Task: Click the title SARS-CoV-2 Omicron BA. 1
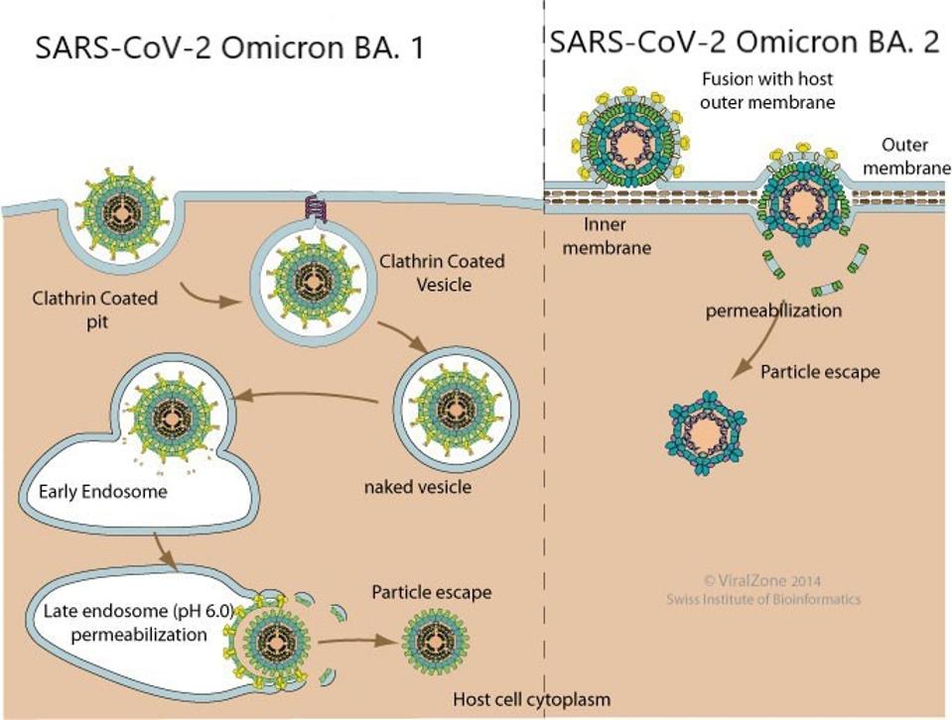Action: point(229,48)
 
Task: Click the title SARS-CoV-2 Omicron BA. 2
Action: point(745,43)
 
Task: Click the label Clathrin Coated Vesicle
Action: point(442,273)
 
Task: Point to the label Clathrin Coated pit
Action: point(94,308)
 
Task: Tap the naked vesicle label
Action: point(417,487)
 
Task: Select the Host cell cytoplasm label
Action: point(531,699)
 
